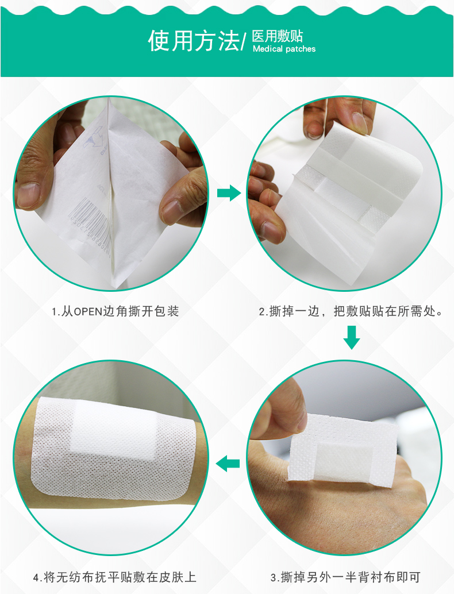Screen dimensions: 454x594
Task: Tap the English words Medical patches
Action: (x=284, y=49)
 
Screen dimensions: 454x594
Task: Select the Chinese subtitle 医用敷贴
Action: (x=278, y=36)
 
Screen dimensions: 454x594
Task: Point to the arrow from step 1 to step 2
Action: (x=229, y=193)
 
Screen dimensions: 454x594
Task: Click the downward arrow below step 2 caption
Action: (x=351, y=337)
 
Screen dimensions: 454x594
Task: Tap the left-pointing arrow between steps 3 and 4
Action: (x=228, y=463)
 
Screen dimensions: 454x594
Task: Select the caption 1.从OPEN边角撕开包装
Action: (x=115, y=311)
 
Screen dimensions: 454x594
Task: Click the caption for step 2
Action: (x=351, y=311)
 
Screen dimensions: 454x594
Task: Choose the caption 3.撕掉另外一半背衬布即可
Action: (x=345, y=577)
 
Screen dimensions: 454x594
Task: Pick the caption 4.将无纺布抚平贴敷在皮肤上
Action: (x=114, y=577)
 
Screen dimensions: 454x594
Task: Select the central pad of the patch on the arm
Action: (x=114, y=426)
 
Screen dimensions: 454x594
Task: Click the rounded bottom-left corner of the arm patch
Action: (x=37, y=486)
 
